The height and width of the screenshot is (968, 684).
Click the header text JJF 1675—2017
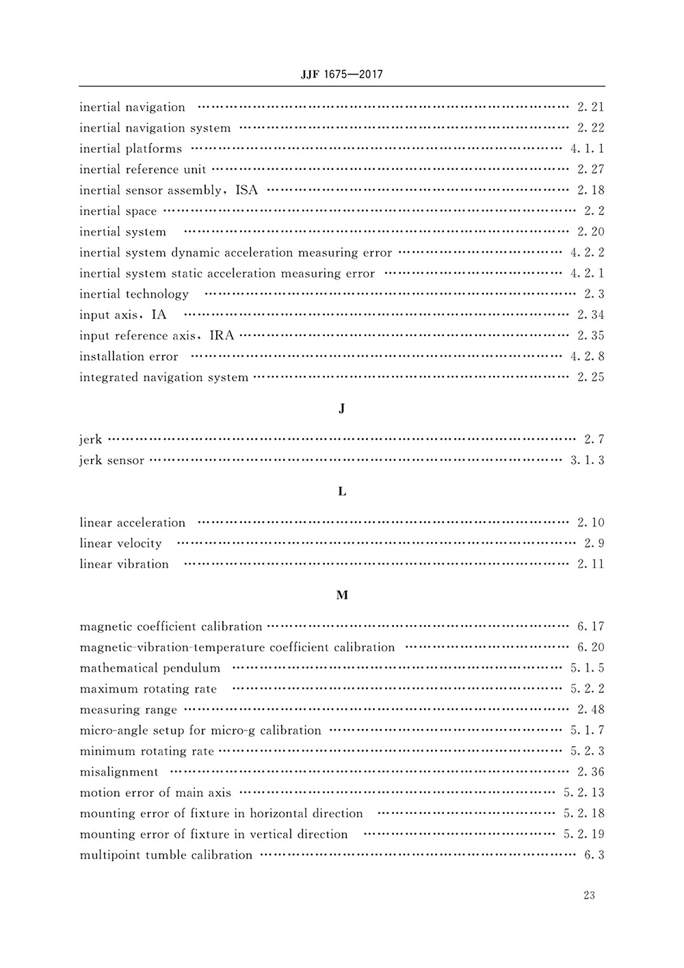click(x=341, y=75)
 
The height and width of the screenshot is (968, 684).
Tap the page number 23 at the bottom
click(x=590, y=895)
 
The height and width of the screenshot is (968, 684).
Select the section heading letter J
click(x=342, y=409)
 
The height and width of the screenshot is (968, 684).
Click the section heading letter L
click(x=342, y=492)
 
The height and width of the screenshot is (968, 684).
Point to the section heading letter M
click(x=342, y=596)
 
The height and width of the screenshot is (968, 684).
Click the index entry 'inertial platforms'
click(x=131, y=149)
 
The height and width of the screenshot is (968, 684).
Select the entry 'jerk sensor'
click(x=111, y=460)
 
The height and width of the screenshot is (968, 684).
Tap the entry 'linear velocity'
click(x=120, y=544)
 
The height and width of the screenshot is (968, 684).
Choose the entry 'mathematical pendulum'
click(x=150, y=668)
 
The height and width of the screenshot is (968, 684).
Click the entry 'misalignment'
click(x=119, y=772)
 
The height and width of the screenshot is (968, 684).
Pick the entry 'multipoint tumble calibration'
click(x=166, y=855)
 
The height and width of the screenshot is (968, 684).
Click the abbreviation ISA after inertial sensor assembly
click(x=247, y=190)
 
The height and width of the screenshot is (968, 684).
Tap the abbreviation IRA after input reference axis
click(x=222, y=335)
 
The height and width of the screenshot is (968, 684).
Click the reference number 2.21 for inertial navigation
click(x=590, y=107)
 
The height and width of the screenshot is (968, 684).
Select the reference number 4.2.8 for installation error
click(x=587, y=356)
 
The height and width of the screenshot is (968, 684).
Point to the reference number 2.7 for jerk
click(x=594, y=440)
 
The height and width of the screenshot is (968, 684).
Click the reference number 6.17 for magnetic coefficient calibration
click(x=590, y=626)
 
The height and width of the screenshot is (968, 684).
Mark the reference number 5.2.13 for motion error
click(x=583, y=793)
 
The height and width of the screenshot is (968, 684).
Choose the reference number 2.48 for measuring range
click(x=590, y=710)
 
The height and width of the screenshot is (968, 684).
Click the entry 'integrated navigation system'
click(x=163, y=377)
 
